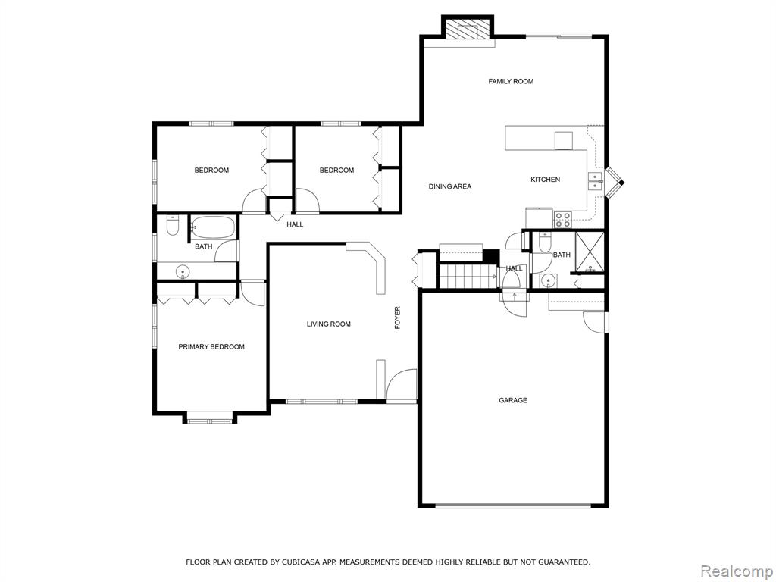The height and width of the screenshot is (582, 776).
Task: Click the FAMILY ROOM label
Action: click(511, 81)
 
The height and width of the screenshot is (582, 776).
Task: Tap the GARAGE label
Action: click(513, 400)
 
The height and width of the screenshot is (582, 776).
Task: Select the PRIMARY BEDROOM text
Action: click(211, 346)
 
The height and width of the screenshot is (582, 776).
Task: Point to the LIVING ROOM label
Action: click(329, 324)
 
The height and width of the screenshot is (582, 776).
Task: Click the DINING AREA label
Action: click(450, 186)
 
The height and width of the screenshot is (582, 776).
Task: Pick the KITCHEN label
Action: click(546, 179)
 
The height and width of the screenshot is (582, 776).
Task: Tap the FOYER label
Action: click(397, 318)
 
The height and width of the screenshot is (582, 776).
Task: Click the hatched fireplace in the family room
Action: click(468, 29)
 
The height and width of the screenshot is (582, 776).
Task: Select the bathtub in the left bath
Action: click(213, 227)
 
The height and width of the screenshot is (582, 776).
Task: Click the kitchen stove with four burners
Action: click(562, 219)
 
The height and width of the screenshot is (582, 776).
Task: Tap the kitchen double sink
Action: click(596, 182)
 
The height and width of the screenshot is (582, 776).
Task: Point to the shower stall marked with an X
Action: click(589, 252)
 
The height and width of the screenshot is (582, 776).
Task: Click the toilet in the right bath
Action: click(544, 242)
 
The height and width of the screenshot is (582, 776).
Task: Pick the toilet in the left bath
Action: click(173, 225)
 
